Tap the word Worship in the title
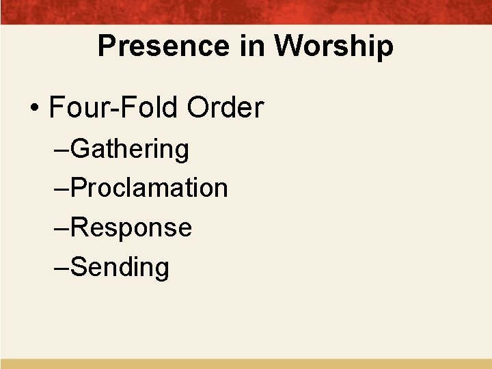click(x=334, y=46)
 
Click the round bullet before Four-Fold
click(x=33, y=110)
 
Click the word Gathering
click(x=130, y=149)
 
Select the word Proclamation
click(x=149, y=188)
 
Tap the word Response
click(x=131, y=228)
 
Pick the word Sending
click(x=120, y=267)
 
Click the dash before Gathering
click(x=61, y=150)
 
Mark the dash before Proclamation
click(x=61, y=190)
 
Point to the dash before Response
click(x=61, y=230)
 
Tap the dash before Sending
click(x=61, y=269)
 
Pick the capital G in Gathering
click(x=80, y=148)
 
